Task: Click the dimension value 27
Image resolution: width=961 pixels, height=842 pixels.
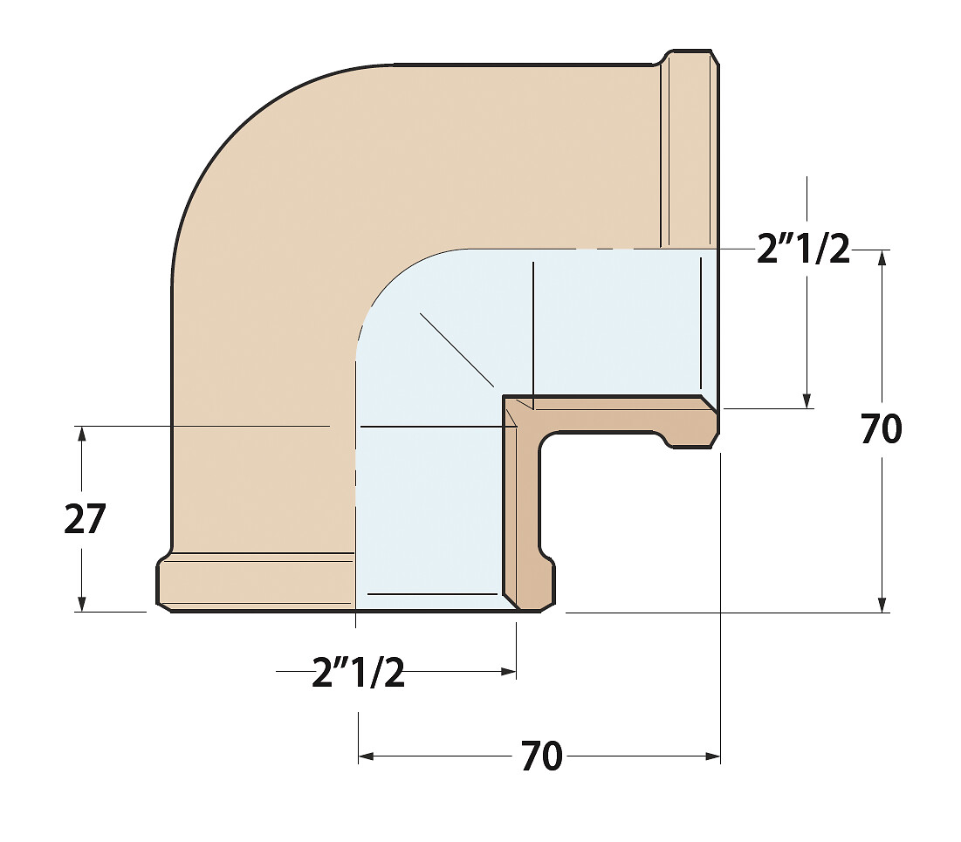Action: (x=86, y=519)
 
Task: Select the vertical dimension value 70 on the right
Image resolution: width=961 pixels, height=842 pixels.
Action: (x=882, y=428)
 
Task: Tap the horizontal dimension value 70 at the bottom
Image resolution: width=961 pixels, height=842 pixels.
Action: (x=542, y=756)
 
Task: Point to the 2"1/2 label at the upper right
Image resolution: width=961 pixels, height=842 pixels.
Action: (x=804, y=249)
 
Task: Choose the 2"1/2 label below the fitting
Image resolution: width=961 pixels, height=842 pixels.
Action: (x=359, y=672)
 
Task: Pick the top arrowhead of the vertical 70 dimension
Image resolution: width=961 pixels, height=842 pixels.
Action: (x=882, y=258)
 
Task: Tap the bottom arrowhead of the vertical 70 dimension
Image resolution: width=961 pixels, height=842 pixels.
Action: (x=882, y=604)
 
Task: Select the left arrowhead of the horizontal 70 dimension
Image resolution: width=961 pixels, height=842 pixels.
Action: (x=367, y=756)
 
